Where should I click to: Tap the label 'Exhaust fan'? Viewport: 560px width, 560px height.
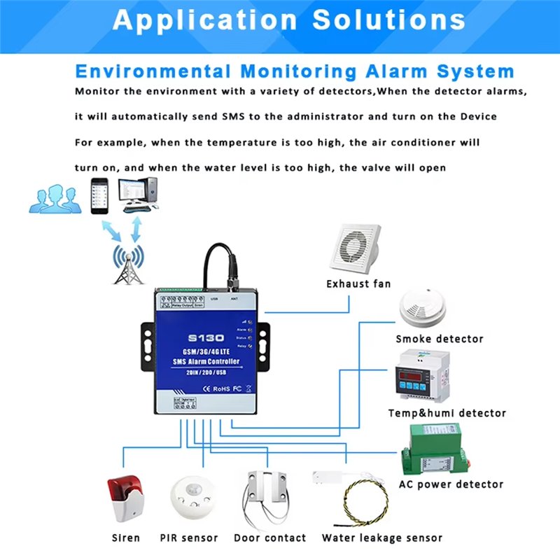coord(358,283)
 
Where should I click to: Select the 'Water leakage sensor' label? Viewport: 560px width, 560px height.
coord(381,538)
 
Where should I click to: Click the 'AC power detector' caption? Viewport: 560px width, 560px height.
coord(451,484)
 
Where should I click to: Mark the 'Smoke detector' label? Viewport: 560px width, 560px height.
coord(440,339)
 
